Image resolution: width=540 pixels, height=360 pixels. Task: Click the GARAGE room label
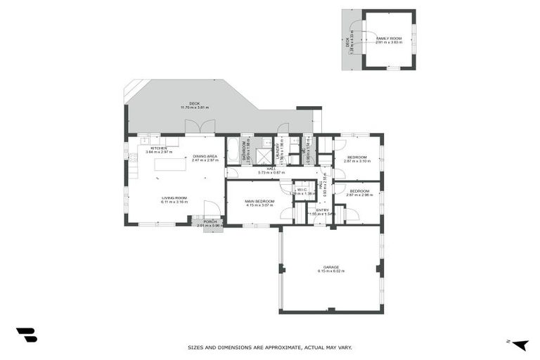pos(330,267)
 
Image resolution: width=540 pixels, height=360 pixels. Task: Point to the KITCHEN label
pos(158,148)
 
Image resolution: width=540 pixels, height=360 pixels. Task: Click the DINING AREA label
pos(205,156)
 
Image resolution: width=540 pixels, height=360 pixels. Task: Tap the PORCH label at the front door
pos(210,221)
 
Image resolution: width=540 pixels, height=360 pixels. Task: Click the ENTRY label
pos(322,210)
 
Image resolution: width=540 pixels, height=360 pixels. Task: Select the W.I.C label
pos(302,189)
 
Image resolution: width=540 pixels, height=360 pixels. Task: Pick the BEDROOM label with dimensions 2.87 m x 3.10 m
pos(357,157)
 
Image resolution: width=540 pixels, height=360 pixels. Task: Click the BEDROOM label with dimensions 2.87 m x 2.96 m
pos(359,191)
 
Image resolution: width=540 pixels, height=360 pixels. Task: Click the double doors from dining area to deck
pos(200,127)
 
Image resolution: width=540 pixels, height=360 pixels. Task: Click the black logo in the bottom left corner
pos(26,335)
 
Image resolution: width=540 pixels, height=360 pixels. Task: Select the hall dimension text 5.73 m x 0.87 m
pos(271,172)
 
